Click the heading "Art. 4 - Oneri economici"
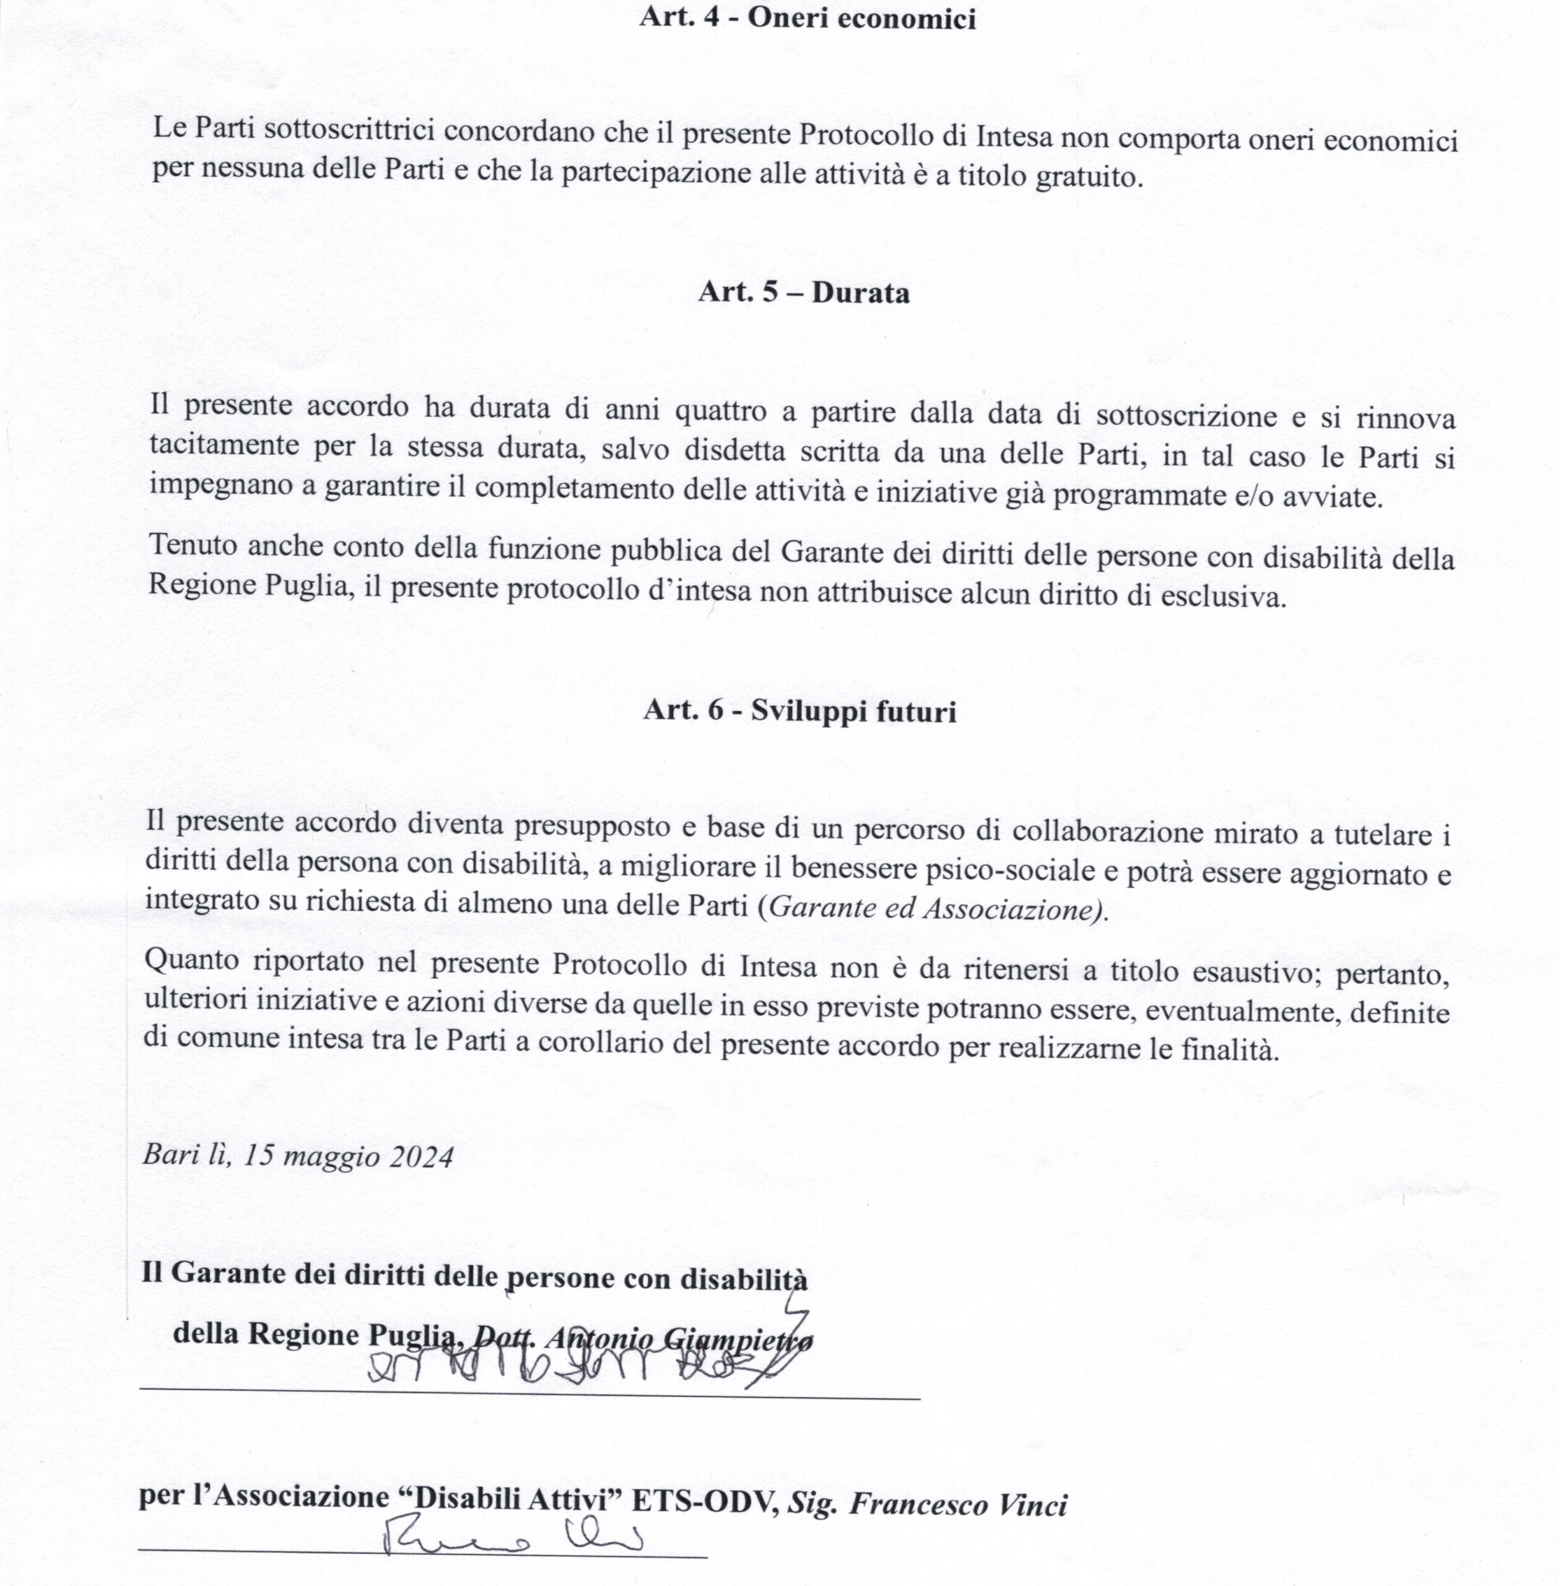coord(807,18)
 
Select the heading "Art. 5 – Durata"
coord(804,292)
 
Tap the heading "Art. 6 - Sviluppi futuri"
coord(800,711)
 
